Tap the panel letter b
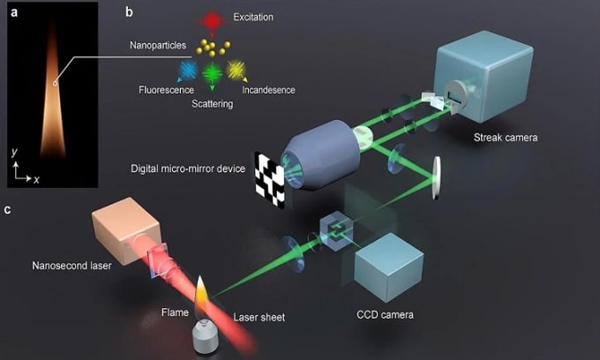pyautogui.click(x=129, y=11)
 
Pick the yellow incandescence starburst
pyautogui.click(x=236, y=70)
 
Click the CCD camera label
pyautogui.click(x=386, y=313)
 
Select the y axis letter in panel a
pyautogui.click(x=16, y=153)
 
